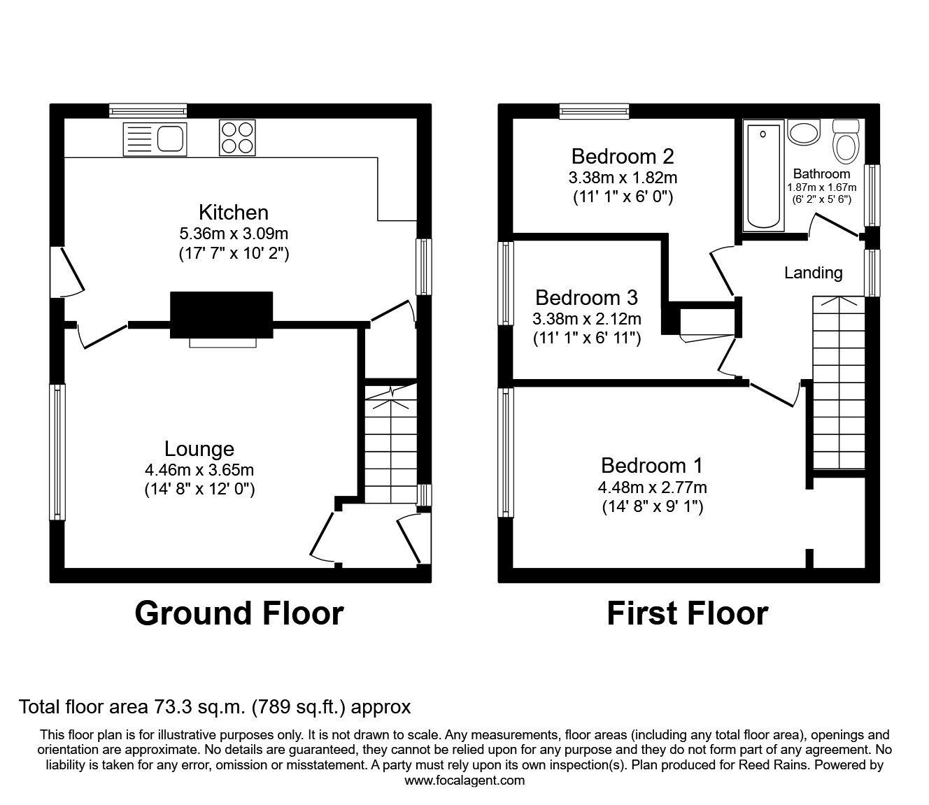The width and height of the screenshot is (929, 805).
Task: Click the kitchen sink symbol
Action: (x=154, y=138)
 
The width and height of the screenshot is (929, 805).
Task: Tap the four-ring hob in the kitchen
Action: (x=238, y=138)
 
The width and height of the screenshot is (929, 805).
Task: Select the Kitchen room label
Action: (x=233, y=212)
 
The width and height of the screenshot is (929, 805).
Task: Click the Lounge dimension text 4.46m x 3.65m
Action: (x=199, y=470)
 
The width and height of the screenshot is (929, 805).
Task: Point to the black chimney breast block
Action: (x=222, y=315)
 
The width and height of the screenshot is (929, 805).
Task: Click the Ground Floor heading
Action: (x=239, y=613)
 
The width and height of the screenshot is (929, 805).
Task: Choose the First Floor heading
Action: (x=687, y=613)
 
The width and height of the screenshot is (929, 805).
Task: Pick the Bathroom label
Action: (x=821, y=173)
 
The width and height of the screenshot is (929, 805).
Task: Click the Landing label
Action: (x=813, y=273)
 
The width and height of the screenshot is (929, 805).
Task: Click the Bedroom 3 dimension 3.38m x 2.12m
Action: (x=586, y=320)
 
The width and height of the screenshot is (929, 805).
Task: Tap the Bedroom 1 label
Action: (x=651, y=465)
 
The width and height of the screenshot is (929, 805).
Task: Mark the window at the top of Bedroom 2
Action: (x=595, y=111)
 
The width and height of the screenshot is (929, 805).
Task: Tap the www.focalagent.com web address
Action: (x=464, y=781)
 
